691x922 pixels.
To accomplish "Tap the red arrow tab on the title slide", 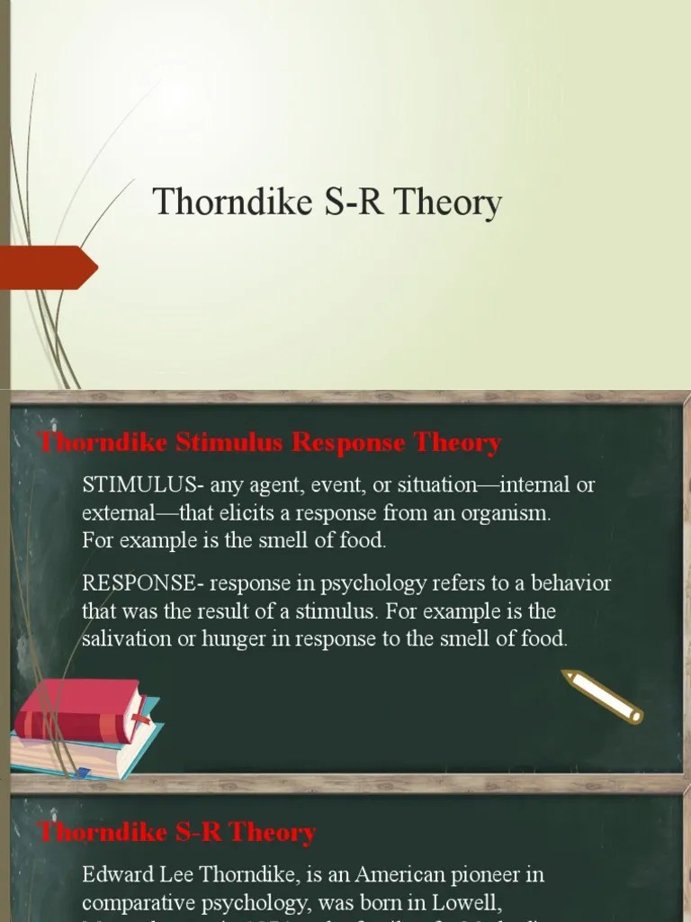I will pos(49,267).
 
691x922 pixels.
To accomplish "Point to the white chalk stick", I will pos(602,695).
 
